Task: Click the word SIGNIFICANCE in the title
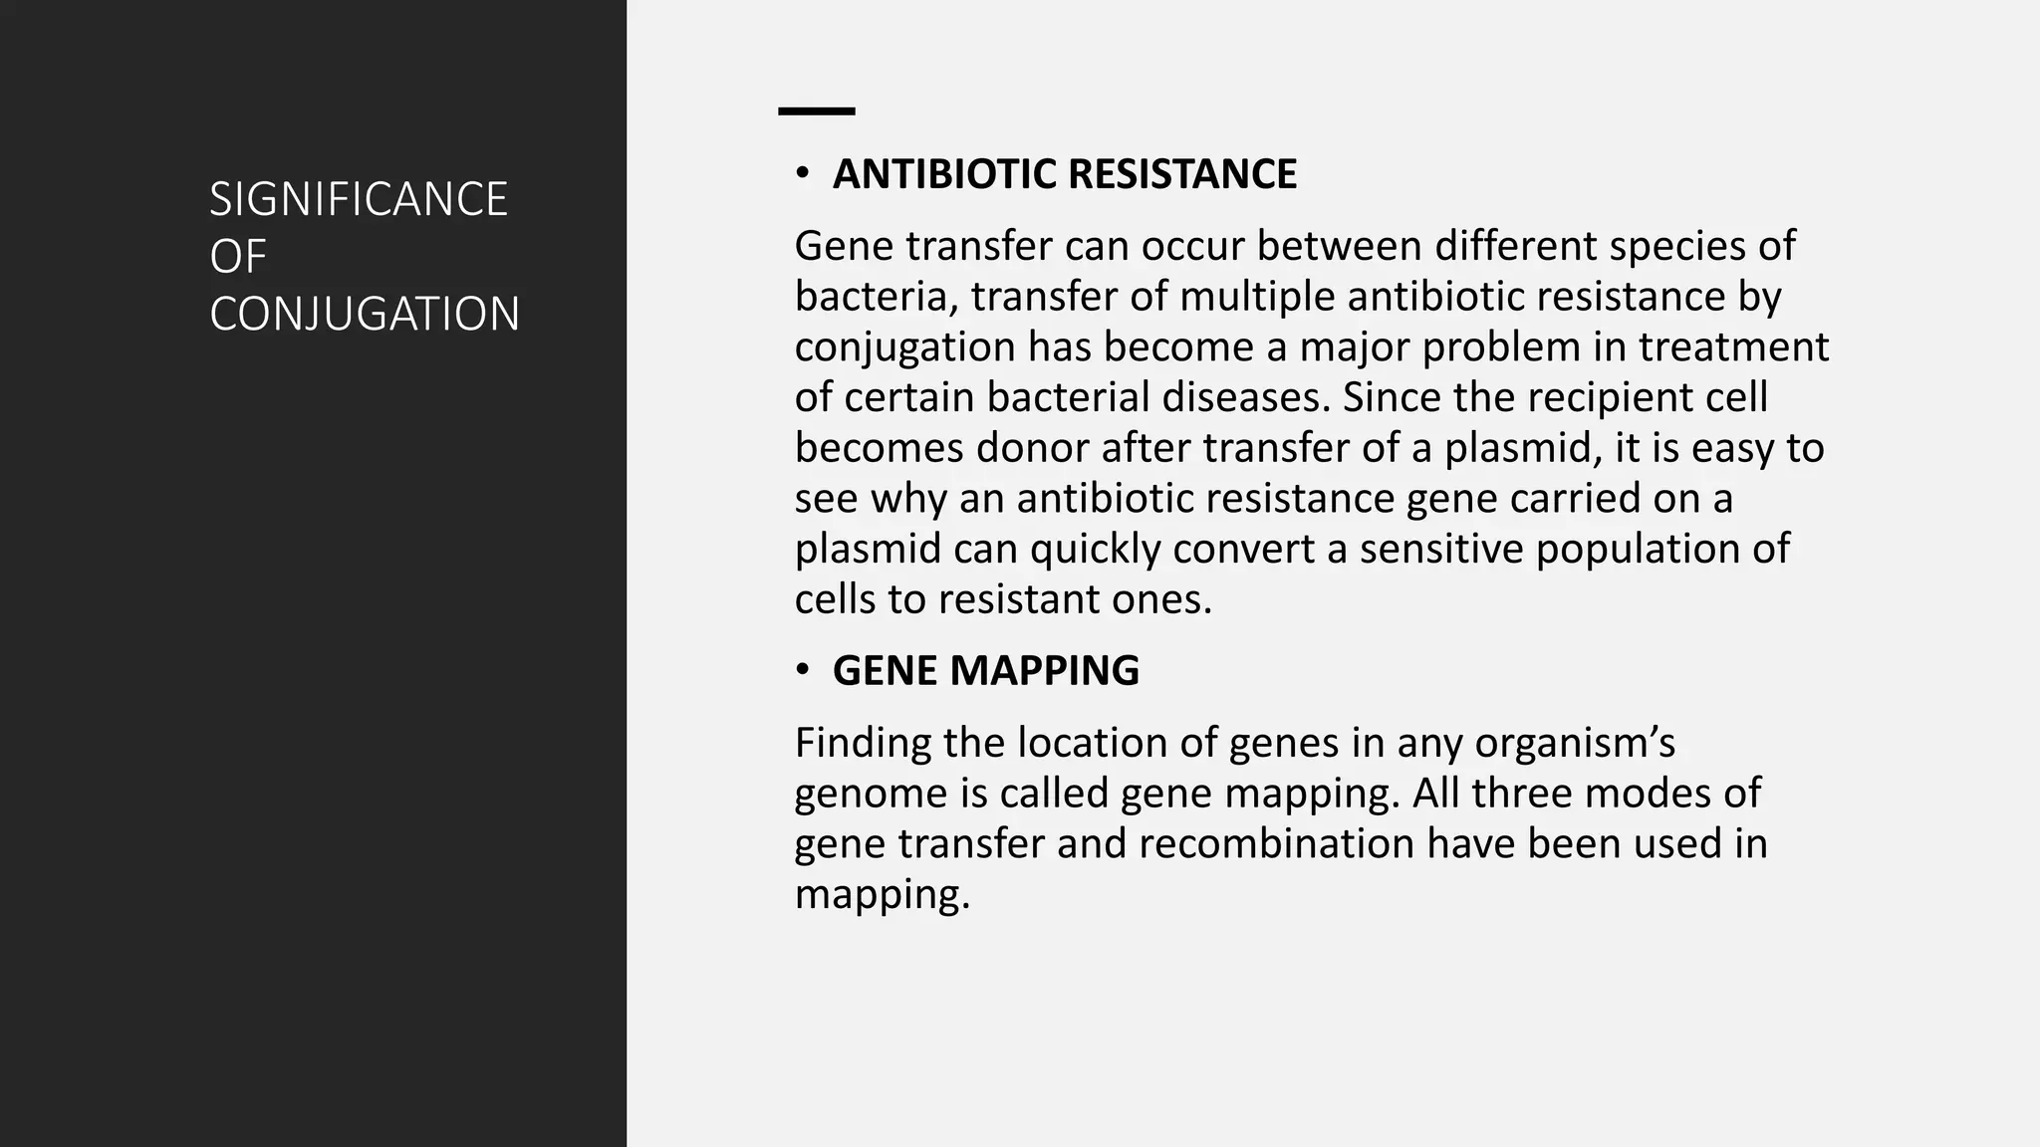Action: click(358, 199)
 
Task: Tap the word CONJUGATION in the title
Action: click(365, 315)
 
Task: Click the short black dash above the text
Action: click(816, 112)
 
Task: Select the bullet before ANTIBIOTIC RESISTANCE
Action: click(802, 174)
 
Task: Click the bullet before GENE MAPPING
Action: click(802, 671)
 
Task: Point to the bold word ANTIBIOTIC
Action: click(944, 174)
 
